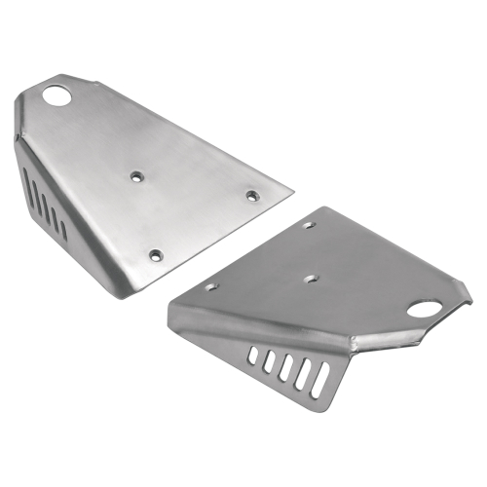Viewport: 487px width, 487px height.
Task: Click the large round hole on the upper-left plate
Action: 59,97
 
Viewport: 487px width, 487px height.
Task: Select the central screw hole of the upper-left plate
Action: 137,176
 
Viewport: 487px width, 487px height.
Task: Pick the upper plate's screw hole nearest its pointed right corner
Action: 252,196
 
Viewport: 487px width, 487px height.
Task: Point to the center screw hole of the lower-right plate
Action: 310,278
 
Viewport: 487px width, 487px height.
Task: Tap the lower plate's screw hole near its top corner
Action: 310,225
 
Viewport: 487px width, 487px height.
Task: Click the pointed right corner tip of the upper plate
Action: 293,190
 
